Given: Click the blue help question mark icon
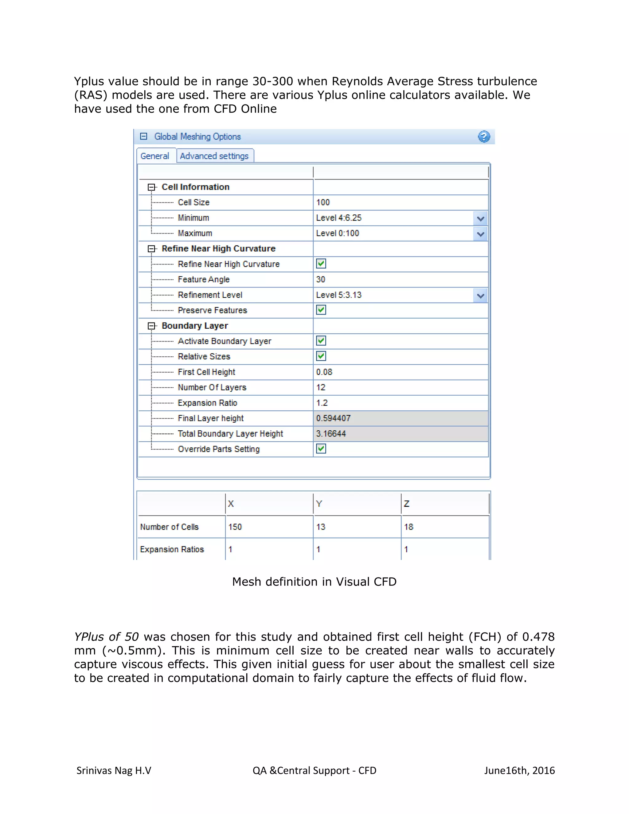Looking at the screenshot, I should click(x=484, y=137).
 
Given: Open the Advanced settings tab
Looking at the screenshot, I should click(x=214, y=156).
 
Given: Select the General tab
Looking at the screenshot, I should click(x=155, y=156).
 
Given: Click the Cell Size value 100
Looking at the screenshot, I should click(x=323, y=202).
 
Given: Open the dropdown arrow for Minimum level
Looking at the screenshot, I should click(x=480, y=218).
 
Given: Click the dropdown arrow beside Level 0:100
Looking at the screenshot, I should click(x=480, y=234).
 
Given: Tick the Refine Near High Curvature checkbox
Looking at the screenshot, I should click(x=321, y=264).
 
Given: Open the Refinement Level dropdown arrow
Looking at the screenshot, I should click(x=480, y=295).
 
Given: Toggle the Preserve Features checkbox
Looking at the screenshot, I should click(x=321, y=310).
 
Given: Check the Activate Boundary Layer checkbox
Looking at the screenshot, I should click(x=321, y=341).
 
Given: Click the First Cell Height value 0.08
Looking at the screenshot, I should click(x=324, y=372).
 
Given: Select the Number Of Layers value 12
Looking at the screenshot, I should click(x=321, y=388).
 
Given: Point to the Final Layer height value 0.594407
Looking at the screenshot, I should click(x=334, y=418).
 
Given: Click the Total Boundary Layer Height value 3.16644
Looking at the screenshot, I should click(x=331, y=434).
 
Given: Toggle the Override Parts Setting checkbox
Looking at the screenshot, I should click(x=321, y=449).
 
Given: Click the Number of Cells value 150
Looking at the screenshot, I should click(x=235, y=527).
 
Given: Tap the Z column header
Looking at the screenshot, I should click(x=407, y=504).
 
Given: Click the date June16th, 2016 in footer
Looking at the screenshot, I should click(x=519, y=770).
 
